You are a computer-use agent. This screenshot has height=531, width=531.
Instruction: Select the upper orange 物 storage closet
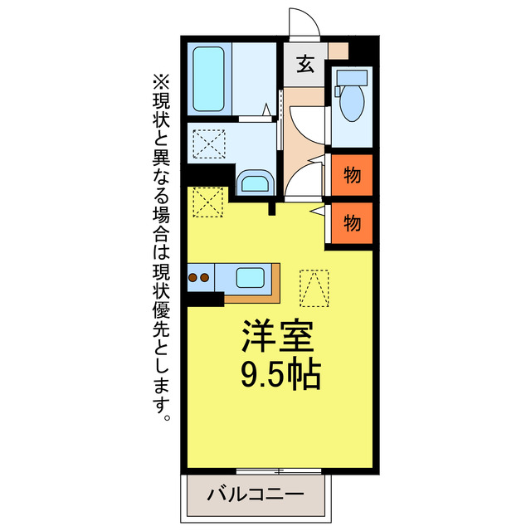352,175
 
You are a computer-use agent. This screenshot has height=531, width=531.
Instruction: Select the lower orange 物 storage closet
352,223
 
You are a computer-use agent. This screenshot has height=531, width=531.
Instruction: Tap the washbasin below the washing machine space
253,184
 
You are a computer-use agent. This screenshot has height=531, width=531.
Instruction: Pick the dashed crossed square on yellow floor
207,202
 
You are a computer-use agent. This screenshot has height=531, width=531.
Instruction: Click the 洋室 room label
277,337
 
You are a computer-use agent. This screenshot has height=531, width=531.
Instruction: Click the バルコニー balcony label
255,495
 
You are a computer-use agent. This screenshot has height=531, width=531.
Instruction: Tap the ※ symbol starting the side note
160,83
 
